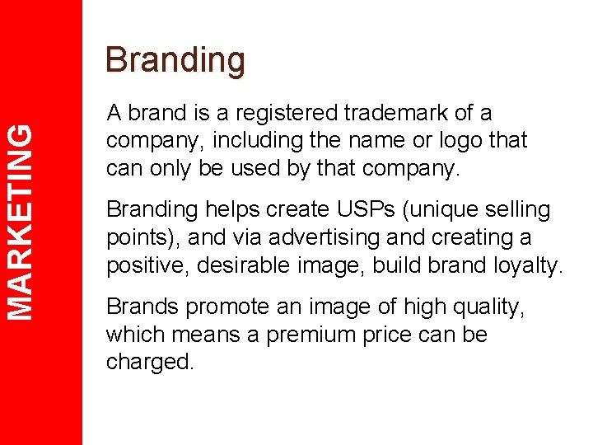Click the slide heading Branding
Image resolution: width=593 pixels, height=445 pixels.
click(x=175, y=61)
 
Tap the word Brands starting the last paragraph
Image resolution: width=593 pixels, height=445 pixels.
click(x=142, y=307)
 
